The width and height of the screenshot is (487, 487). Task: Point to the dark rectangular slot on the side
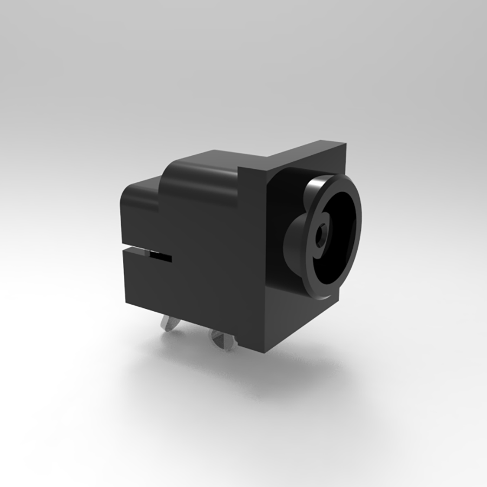(160, 256)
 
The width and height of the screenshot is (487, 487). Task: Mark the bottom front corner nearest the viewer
(265, 352)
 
